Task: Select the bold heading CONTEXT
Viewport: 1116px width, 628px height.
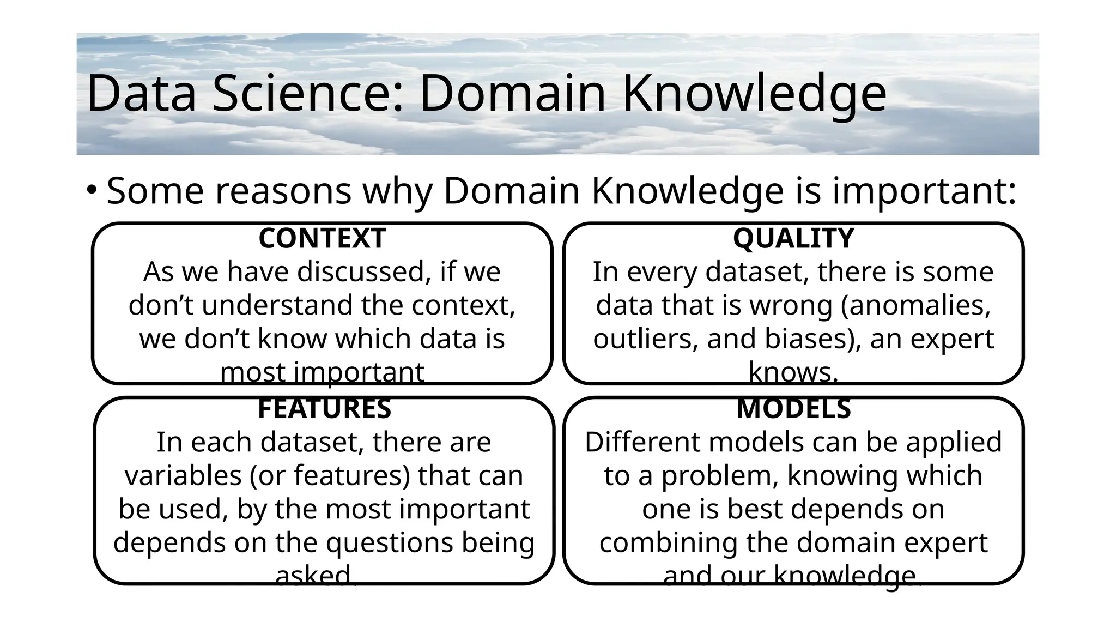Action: (x=322, y=238)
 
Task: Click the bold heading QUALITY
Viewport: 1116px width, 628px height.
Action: (x=793, y=238)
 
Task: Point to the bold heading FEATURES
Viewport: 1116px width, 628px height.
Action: (x=324, y=409)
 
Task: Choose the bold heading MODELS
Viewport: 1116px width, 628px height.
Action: (x=793, y=409)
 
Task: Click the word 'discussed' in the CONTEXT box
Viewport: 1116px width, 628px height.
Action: (x=360, y=272)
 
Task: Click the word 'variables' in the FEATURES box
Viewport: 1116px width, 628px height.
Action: (x=183, y=476)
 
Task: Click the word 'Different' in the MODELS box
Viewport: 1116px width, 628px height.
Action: (x=633, y=442)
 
